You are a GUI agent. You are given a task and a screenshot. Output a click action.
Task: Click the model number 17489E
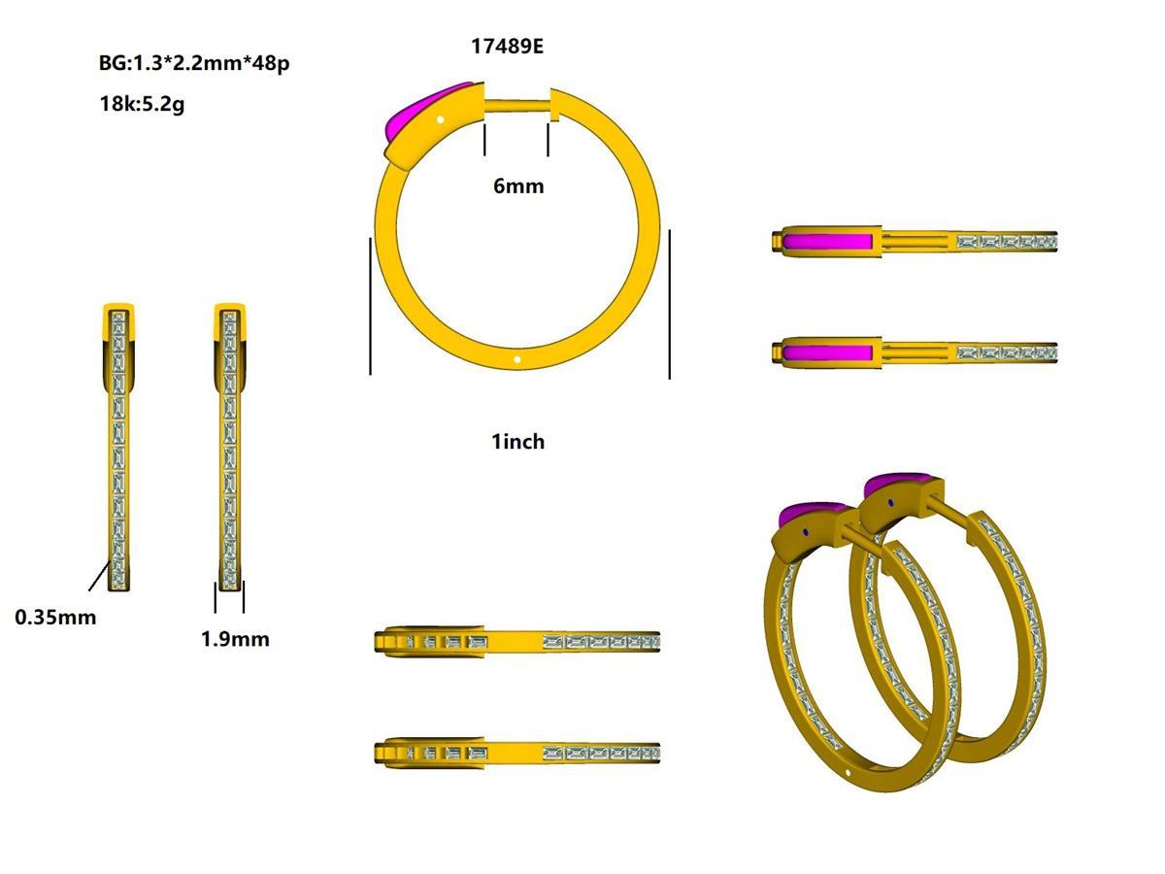click(x=507, y=47)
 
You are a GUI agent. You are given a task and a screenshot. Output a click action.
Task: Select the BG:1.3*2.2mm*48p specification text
click(x=194, y=63)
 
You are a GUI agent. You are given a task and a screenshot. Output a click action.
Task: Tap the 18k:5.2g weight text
click(x=143, y=104)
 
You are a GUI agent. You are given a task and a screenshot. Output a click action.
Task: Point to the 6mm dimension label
click(x=518, y=186)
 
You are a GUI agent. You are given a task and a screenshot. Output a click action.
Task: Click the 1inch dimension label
click(x=518, y=442)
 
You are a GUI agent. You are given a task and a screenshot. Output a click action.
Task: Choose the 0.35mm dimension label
click(x=55, y=618)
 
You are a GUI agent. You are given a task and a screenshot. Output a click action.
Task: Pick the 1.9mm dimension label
click(x=235, y=639)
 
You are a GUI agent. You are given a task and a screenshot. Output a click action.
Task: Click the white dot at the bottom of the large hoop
click(x=517, y=359)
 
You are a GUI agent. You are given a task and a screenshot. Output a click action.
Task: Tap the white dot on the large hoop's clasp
click(x=440, y=119)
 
